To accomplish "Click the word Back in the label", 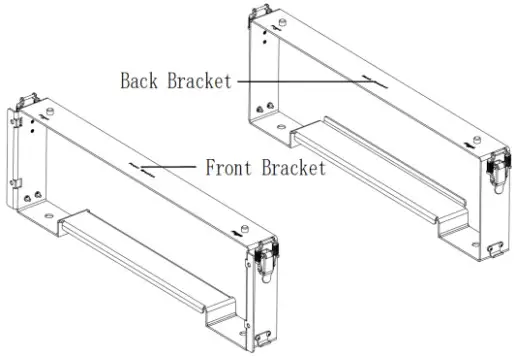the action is point(141,80).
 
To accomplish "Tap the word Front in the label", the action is point(226,167).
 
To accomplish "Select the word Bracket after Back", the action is point(200,80).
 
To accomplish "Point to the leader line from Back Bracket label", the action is point(300,80).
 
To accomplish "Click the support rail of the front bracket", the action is point(150,260).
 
